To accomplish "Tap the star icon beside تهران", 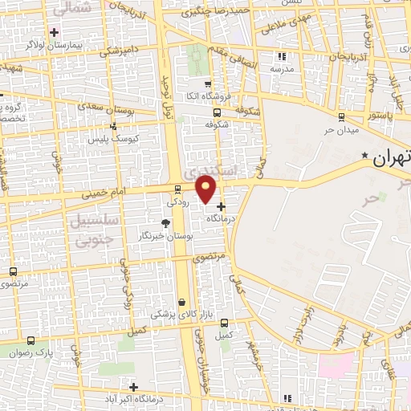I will click(365, 155).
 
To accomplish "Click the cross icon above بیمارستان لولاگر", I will click(54, 32).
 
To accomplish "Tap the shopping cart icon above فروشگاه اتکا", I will click(208, 84).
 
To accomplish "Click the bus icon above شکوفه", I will click(216, 112).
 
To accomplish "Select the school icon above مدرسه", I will click(281, 56).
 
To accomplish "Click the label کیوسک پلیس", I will click(112, 138).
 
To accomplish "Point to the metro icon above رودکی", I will click(177, 189).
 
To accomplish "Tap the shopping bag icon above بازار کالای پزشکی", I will click(183, 302).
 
